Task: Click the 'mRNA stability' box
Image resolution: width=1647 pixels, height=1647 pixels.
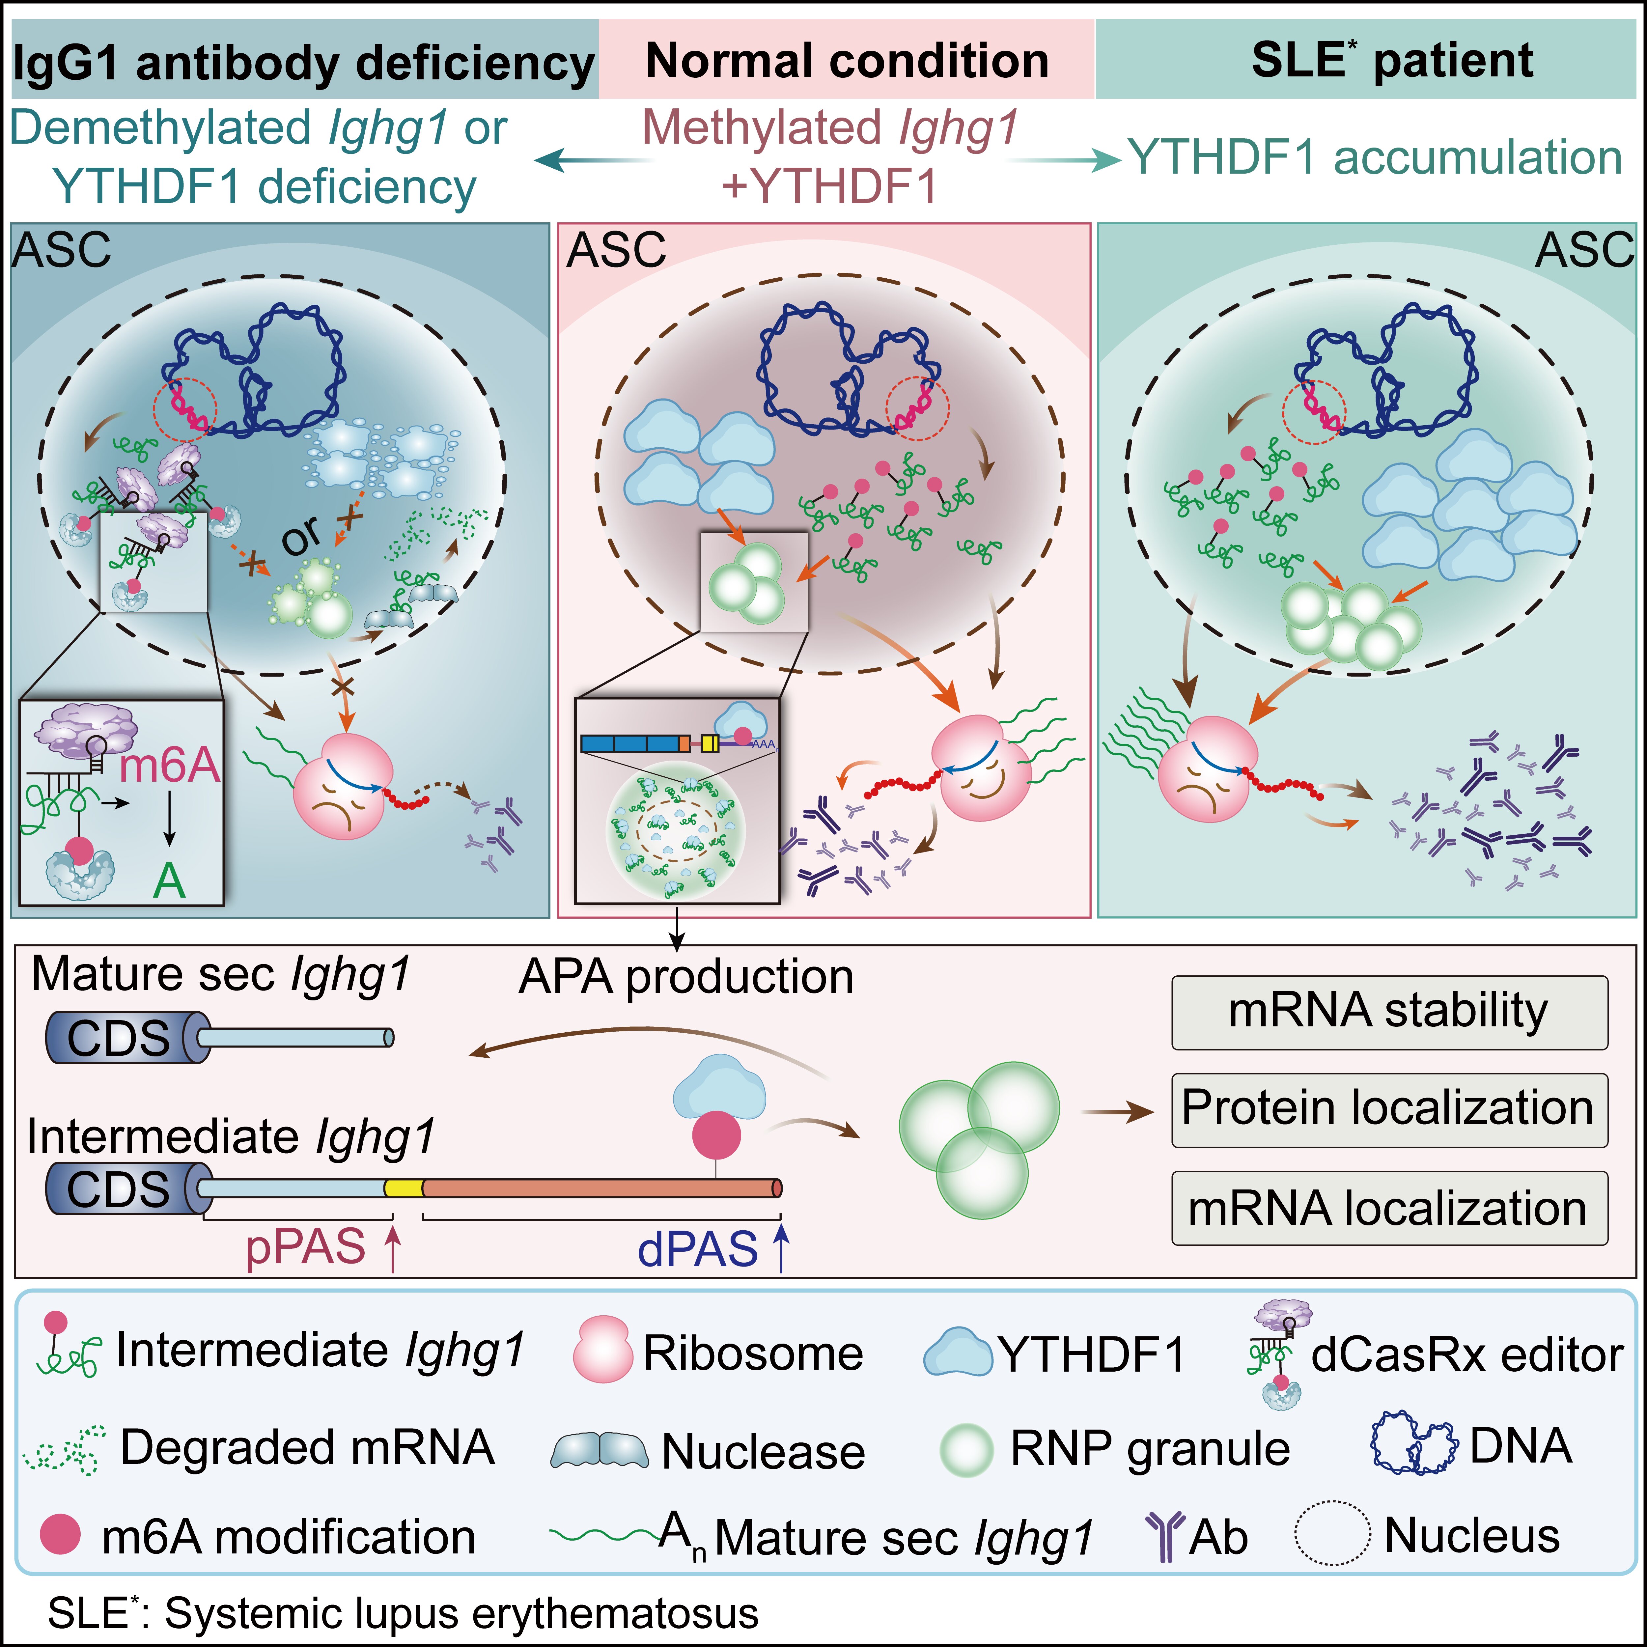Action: click(1389, 1012)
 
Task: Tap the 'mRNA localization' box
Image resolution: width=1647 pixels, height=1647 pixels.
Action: click(1389, 1208)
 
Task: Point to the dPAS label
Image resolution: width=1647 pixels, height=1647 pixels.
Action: click(697, 1249)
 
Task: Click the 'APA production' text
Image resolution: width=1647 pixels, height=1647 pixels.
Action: click(686, 977)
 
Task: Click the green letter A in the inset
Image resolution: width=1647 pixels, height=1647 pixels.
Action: click(169, 880)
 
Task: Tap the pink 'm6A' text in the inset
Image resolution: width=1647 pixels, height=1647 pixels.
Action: click(169, 765)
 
